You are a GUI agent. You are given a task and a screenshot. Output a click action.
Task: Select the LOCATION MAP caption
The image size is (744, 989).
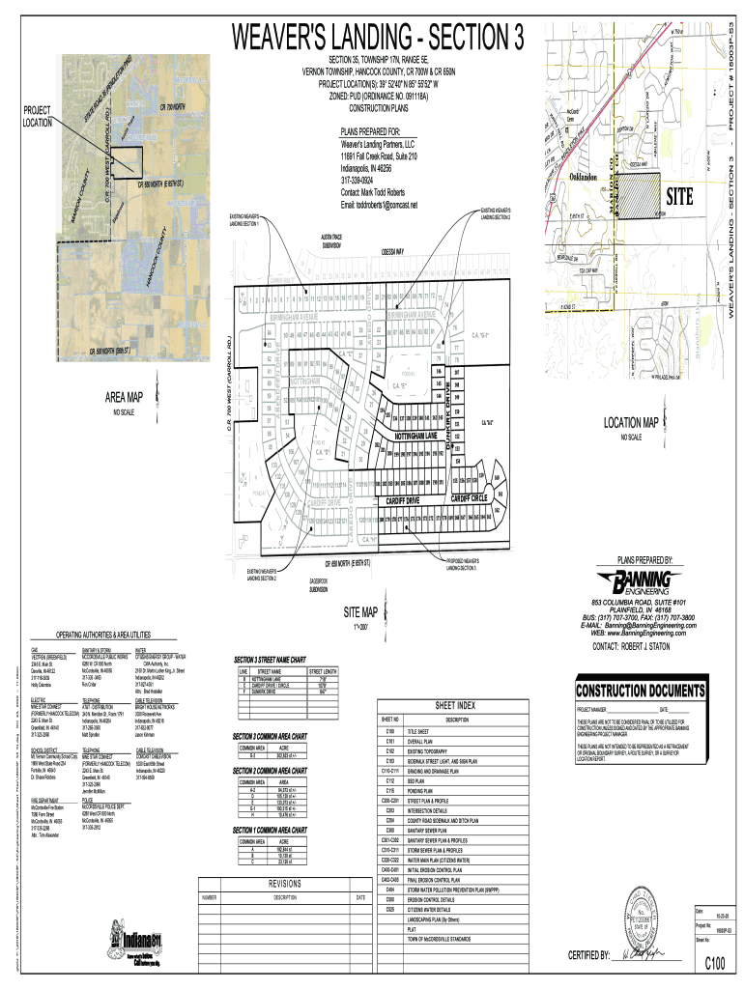click(x=631, y=423)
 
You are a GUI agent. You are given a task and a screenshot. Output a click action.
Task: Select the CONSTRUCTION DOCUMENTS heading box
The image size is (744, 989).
click(x=640, y=692)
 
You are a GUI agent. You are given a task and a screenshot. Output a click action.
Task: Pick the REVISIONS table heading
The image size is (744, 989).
click(x=286, y=883)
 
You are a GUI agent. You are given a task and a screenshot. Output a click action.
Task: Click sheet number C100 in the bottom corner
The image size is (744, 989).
click(x=715, y=963)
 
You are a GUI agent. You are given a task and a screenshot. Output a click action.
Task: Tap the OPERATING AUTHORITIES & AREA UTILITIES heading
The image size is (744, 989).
click(x=116, y=634)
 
